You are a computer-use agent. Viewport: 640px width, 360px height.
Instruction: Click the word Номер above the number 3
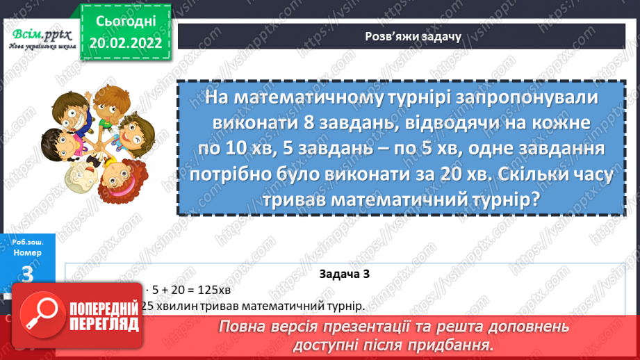click(28, 253)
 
